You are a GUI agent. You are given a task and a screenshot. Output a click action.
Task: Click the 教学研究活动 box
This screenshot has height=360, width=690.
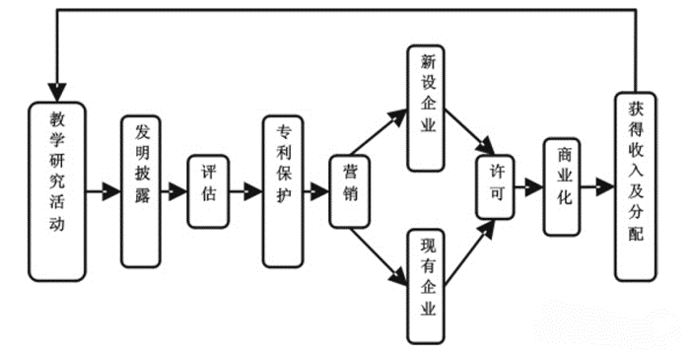(56, 188)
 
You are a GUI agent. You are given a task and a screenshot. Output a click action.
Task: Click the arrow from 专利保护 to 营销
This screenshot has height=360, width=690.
(316, 190)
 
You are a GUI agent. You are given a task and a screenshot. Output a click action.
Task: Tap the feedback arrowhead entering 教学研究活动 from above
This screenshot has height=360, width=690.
(57, 79)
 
